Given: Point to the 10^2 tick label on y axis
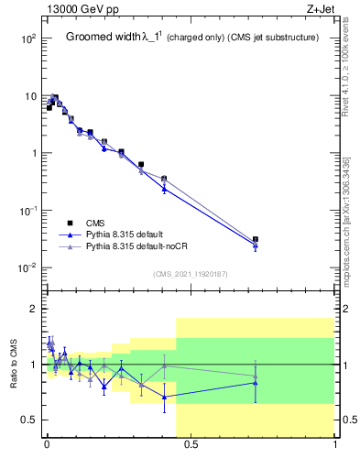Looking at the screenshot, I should click(27, 38).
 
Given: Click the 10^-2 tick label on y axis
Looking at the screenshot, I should click(27, 268).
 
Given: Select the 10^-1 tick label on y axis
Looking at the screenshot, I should click(27, 211).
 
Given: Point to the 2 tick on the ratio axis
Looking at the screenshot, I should click(33, 309).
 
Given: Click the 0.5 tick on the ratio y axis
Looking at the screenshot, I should click(28, 420).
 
